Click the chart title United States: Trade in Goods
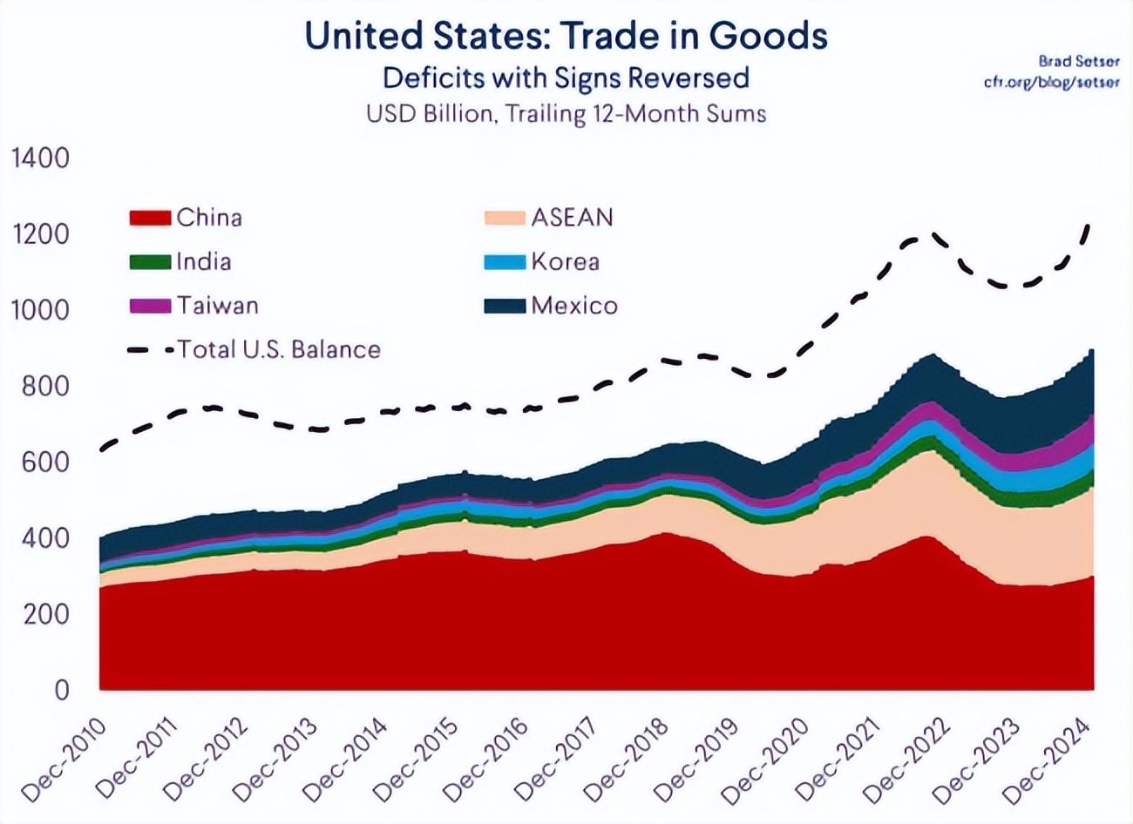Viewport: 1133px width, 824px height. point(566,37)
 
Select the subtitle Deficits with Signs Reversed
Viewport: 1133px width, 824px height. point(566,78)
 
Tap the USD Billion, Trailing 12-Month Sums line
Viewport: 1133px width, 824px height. point(566,114)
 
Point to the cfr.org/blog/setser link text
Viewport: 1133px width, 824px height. point(1052,82)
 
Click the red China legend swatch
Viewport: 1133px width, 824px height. point(150,218)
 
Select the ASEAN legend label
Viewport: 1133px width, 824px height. point(572,217)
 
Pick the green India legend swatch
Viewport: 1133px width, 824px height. point(150,261)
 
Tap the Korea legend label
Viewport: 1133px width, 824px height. point(565,261)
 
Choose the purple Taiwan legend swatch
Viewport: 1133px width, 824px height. point(150,306)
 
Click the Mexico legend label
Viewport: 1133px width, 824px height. point(574,306)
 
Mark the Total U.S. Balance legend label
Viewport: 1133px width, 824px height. point(279,349)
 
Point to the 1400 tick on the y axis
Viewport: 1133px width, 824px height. point(38,159)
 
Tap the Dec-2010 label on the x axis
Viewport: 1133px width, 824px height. point(65,760)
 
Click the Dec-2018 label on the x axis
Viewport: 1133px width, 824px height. point(627,760)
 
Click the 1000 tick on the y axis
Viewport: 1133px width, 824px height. point(38,310)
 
